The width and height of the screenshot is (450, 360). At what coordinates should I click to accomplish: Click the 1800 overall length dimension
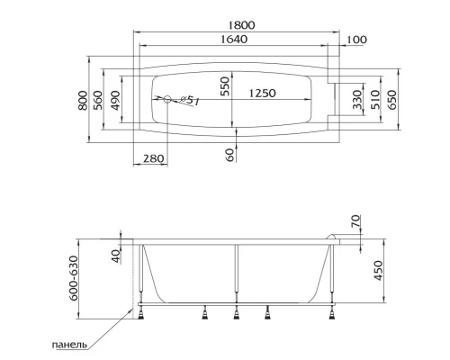238,27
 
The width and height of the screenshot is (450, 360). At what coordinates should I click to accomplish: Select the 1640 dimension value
238,42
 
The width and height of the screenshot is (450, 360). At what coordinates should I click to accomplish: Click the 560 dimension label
99,98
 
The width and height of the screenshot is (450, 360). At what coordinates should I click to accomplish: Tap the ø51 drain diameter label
188,100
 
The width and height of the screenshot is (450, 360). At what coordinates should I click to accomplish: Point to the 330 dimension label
356,99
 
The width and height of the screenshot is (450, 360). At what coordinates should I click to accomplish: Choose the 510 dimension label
373,99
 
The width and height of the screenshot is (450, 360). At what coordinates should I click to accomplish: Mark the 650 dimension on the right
391,99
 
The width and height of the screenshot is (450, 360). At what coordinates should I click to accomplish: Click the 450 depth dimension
378,270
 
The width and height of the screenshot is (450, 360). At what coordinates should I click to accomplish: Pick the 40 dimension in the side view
115,256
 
